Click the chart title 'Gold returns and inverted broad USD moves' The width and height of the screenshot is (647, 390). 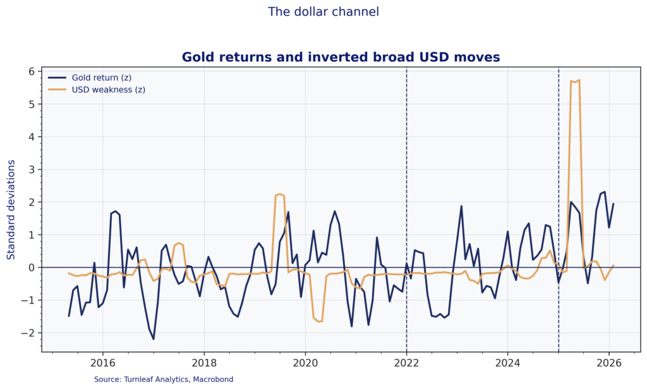(x=341, y=57)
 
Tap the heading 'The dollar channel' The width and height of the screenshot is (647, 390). (x=323, y=11)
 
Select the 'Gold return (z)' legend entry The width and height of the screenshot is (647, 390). (x=101, y=77)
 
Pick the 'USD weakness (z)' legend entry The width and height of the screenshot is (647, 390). (x=108, y=90)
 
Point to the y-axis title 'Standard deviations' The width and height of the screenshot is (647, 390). (x=11, y=210)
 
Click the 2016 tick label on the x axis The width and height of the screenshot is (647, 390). (x=102, y=363)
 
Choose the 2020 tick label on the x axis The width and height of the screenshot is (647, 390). (x=305, y=363)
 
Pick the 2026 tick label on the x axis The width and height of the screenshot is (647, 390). (x=610, y=363)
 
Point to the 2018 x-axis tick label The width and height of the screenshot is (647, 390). (x=204, y=363)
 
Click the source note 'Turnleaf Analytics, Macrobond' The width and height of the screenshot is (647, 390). (x=164, y=379)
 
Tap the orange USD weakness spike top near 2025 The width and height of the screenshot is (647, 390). (x=579, y=80)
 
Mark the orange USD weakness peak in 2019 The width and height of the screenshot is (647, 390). (x=279, y=194)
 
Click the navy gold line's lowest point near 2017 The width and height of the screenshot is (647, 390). (x=154, y=339)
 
